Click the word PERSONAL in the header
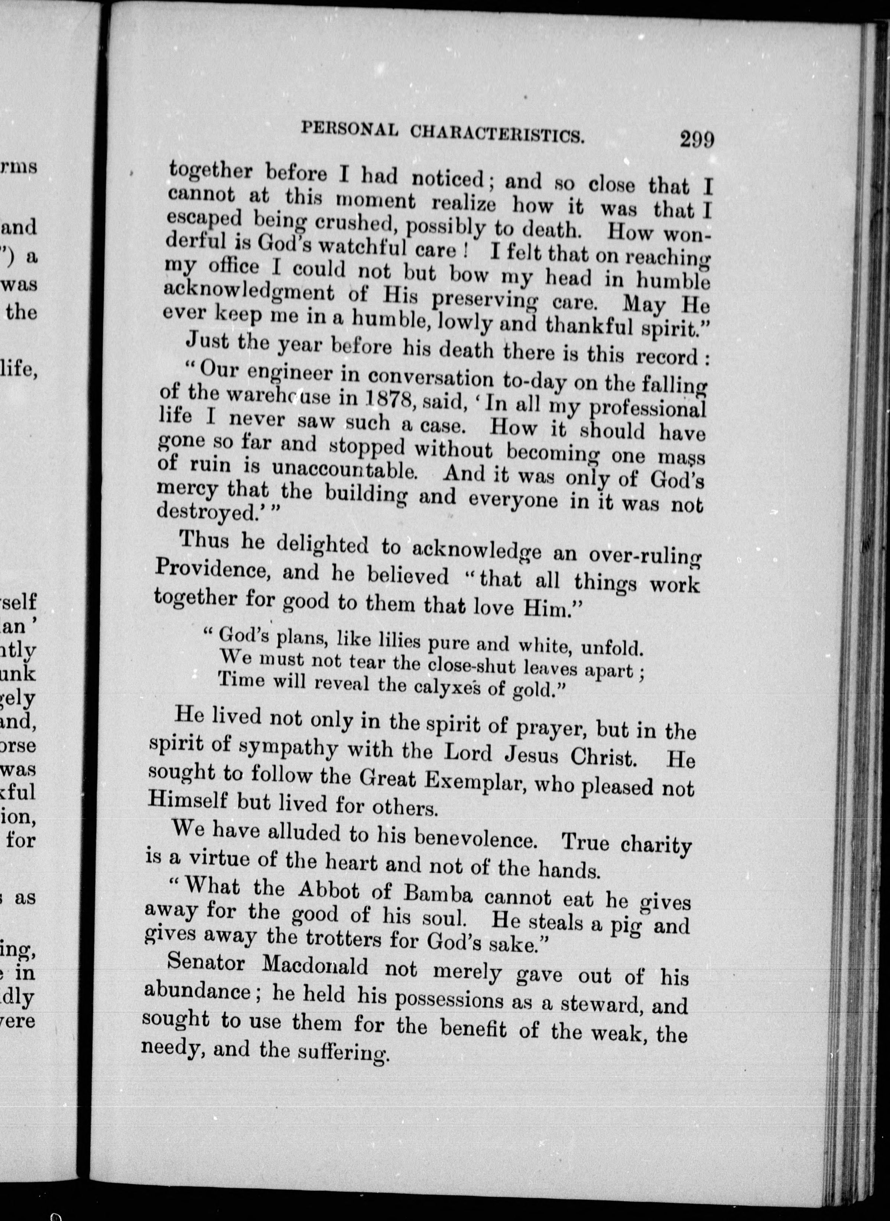click(x=349, y=129)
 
